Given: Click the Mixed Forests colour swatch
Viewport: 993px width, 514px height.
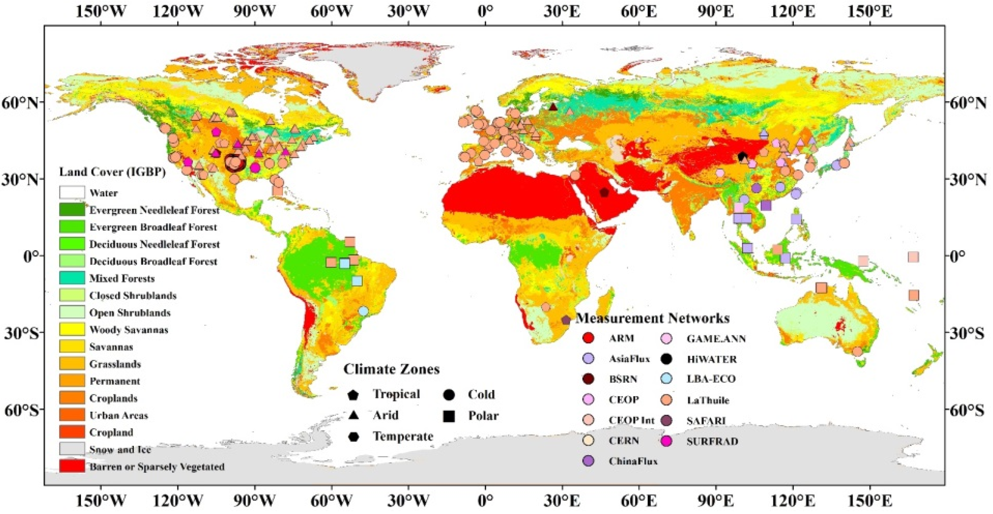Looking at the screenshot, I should pos(72,278).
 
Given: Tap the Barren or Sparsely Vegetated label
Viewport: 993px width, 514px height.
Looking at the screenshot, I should pos(157,467).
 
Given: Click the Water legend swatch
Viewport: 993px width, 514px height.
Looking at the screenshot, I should pos(72,192).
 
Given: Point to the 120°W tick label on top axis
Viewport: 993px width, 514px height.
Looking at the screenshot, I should pos(178,12).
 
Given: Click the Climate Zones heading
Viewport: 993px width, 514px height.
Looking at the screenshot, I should pos(391,369).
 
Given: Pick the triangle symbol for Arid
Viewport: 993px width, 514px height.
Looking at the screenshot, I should pos(354,415).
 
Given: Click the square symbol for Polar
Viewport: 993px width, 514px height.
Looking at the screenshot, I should pos(449,416).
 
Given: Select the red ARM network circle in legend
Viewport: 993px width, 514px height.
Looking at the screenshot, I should pos(589,338).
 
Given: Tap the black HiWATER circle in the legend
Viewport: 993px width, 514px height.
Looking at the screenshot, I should pos(667,359).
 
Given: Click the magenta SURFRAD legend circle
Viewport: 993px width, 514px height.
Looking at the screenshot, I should pos(667,441).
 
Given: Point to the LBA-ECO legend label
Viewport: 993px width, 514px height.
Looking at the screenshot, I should pos(711,379).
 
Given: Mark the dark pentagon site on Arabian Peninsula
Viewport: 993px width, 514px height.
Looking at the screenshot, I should pos(604,192).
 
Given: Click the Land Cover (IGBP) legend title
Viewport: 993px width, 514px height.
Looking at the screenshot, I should pos(112,172).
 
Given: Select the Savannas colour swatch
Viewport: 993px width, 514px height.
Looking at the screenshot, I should pos(72,346).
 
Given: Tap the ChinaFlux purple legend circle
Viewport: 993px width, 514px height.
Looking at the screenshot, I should pos(589,461).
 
